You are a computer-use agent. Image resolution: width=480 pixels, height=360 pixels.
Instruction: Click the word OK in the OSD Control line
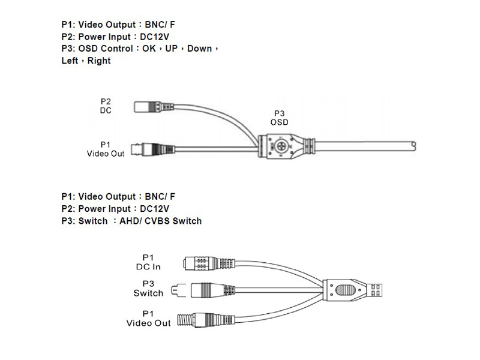point(149,48)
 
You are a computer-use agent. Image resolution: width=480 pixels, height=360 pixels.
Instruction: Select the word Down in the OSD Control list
point(199,48)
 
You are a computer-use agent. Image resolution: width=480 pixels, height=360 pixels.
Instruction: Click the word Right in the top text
point(99,61)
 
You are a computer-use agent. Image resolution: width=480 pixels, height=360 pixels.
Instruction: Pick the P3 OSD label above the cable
point(279,117)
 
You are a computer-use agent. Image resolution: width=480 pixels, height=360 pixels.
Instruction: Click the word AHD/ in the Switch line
point(130,221)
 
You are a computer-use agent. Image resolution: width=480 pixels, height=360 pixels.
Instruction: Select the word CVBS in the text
point(157,221)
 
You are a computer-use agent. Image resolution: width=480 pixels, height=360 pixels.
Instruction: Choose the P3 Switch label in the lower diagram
point(148,289)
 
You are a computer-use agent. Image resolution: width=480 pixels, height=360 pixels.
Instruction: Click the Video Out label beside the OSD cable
point(106,149)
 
